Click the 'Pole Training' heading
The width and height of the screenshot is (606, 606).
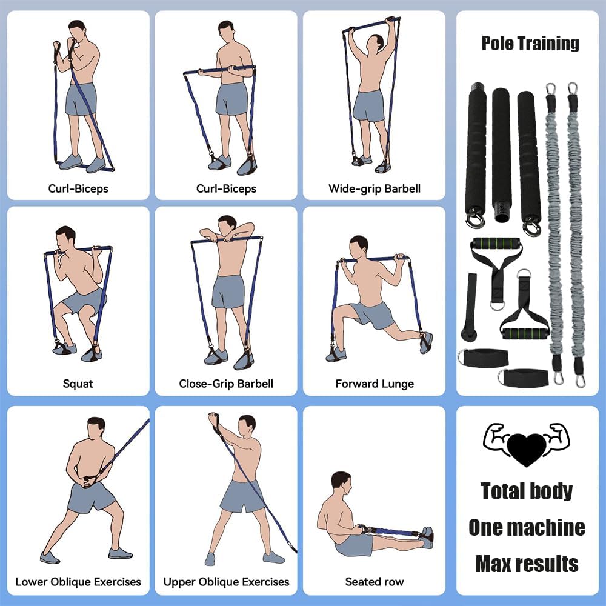click(x=530, y=44)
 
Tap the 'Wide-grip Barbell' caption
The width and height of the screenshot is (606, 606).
click(x=374, y=188)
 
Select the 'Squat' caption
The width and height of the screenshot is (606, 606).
click(x=78, y=384)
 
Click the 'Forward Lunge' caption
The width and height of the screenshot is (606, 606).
click(x=375, y=384)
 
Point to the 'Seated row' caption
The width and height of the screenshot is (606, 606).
click(x=375, y=582)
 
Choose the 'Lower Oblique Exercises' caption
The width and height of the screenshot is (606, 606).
click(x=78, y=582)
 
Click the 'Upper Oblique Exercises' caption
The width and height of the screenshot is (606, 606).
click(x=226, y=582)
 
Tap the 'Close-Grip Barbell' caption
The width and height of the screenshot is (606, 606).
click(x=226, y=384)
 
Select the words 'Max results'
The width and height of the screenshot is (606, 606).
click(x=527, y=564)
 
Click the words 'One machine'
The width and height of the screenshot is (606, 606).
click(x=527, y=527)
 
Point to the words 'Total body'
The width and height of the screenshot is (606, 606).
click(x=527, y=491)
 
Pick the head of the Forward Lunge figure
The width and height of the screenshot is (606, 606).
click(x=359, y=245)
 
